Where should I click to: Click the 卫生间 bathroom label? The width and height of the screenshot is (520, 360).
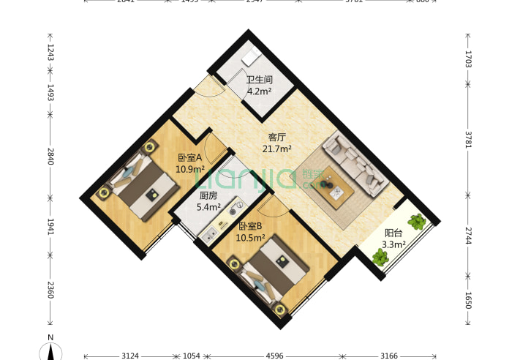pos(259,80)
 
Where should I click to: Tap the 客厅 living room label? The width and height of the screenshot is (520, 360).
pos(276,137)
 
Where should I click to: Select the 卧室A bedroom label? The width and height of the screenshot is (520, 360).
pos(190,157)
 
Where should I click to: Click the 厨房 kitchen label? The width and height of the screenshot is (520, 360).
pos(208,196)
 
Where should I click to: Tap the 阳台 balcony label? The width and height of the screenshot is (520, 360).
pos(393,233)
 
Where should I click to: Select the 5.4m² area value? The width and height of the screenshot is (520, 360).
pos(208,207)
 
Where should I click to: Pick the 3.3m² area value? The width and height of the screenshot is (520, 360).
pos(395,245)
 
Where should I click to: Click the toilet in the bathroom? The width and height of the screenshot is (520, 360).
pos(251,58)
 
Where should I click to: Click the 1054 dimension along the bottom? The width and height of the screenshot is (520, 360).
pos(191,355)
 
